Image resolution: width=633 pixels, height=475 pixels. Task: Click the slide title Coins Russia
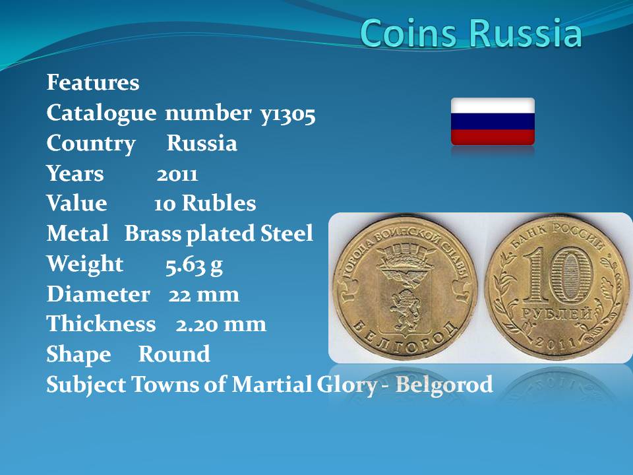pos(471,33)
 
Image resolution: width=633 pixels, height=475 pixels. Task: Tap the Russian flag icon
pos(493,121)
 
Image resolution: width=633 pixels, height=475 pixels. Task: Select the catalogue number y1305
pos(287,113)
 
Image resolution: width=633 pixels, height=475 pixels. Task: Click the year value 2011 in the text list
pos(177,174)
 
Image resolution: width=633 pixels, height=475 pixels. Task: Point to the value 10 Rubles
pos(204,203)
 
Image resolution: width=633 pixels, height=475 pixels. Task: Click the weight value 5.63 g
pos(194,265)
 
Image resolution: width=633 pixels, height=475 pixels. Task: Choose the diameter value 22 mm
pos(204,294)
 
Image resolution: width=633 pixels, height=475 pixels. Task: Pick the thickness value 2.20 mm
pos(221,325)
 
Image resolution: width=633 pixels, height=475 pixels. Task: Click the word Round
pos(174,354)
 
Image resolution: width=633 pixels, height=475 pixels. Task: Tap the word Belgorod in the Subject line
pos(444,384)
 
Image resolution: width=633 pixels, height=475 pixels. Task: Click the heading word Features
pos(93,82)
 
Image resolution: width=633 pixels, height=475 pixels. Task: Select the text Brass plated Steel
pos(218,234)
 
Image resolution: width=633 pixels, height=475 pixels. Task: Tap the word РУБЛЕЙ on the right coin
pos(557,315)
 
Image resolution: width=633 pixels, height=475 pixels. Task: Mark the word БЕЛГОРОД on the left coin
pos(405,339)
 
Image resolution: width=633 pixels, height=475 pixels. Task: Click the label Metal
pos(78,233)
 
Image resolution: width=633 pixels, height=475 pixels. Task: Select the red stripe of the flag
pos(493,137)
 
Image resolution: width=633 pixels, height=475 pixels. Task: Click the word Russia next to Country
pos(202,143)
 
